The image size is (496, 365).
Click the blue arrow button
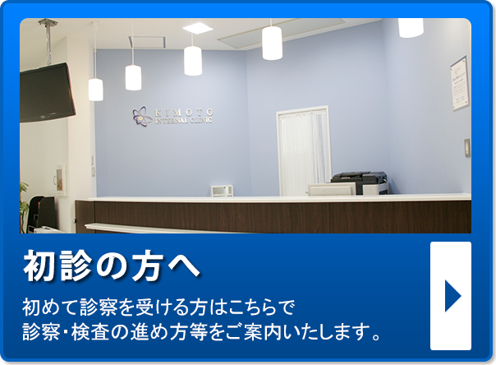click(451, 296)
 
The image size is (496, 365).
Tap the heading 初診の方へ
click(111, 266)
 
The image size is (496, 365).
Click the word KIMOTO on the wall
click(184, 113)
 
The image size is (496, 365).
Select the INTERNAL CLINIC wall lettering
click(183, 121)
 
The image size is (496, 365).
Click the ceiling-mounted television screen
click(47, 93)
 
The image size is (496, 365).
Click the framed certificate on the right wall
click(459, 84)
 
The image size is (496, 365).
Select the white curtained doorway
click(304, 150)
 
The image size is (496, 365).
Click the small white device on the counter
click(222, 191)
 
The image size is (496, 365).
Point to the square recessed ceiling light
click(198, 28)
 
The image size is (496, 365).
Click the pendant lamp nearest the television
click(95, 90)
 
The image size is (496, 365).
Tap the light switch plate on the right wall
click(467, 148)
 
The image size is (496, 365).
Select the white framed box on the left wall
click(61, 179)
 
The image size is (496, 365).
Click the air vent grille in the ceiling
click(147, 42)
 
